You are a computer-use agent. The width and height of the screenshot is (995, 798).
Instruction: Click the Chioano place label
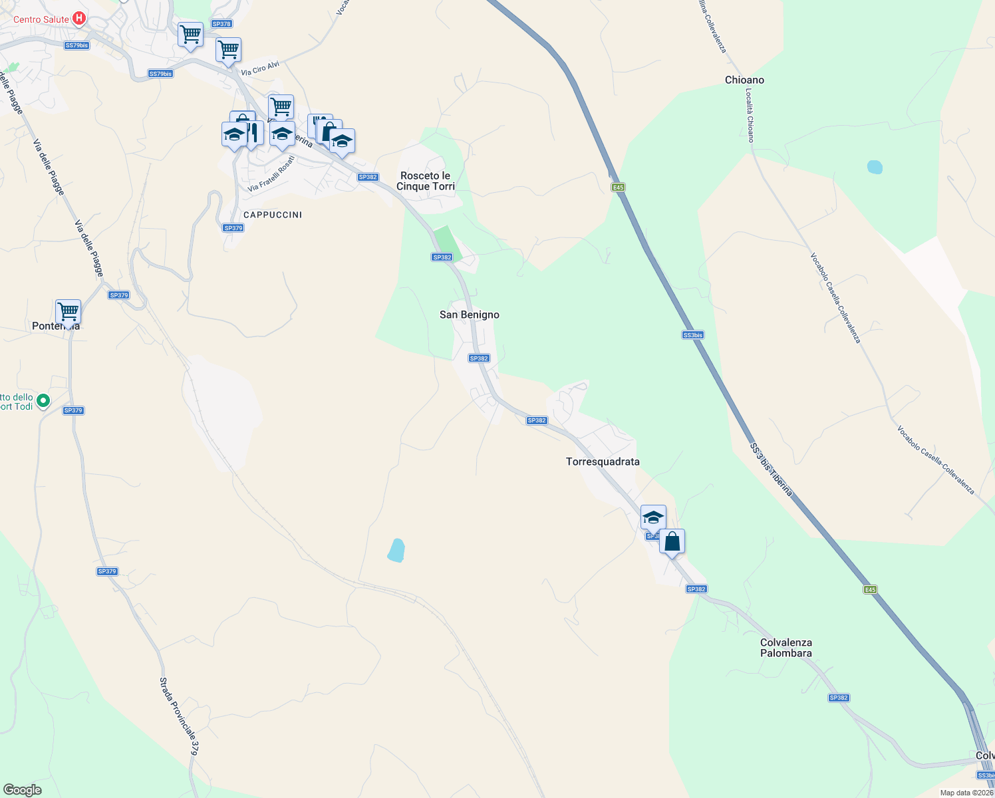click(x=744, y=80)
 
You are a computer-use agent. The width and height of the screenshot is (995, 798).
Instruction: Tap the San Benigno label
click(x=469, y=315)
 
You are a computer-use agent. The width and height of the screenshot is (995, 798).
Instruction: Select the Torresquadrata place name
click(x=603, y=462)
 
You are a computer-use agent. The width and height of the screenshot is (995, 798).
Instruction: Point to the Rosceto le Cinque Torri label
click(x=426, y=181)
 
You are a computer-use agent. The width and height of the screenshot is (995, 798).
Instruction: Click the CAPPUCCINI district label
click(x=273, y=215)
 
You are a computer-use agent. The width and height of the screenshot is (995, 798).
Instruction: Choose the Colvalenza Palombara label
click(x=786, y=648)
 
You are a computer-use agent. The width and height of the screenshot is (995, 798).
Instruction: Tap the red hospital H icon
click(x=78, y=19)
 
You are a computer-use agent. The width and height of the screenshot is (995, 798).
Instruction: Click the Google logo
click(x=22, y=790)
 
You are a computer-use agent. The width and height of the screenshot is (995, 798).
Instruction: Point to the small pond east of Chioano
click(x=875, y=167)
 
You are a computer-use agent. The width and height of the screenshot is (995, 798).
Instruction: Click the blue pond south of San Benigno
click(x=396, y=551)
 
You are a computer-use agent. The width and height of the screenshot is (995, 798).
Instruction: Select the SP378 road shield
click(x=221, y=24)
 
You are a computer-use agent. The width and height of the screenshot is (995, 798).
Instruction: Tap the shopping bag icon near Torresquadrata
click(x=672, y=542)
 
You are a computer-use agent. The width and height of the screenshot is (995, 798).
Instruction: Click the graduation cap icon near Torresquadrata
click(x=653, y=517)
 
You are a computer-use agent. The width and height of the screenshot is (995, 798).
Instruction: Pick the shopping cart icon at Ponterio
click(x=68, y=311)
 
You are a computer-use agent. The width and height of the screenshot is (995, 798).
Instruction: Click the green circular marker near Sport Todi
click(x=43, y=400)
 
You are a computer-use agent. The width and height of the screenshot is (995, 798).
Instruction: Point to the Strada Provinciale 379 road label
click(x=179, y=716)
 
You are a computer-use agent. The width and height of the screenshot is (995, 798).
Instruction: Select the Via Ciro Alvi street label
click(x=260, y=68)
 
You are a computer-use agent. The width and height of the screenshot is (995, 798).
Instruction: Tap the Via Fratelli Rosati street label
click(x=271, y=174)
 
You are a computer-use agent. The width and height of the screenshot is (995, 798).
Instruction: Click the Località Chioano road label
click(x=750, y=115)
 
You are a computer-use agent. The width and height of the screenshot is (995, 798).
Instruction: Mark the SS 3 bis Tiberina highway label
click(x=772, y=469)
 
